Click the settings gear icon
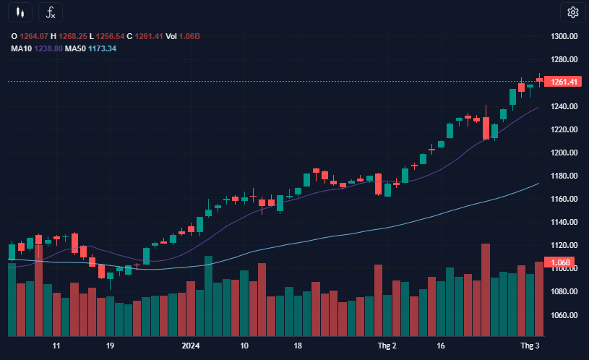tap(573, 12)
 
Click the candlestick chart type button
tap(21, 12)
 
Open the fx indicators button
tap(50, 12)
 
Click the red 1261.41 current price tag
tap(564, 82)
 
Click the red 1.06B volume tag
tap(562, 262)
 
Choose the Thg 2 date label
tap(387, 346)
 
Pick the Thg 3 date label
tap(531, 346)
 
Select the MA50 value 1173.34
tap(102, 48)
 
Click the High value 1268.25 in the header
tap(73, 36)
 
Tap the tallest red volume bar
tap(486, 289)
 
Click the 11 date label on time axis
tap(56, 346)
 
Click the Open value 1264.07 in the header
tap(33, 36)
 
